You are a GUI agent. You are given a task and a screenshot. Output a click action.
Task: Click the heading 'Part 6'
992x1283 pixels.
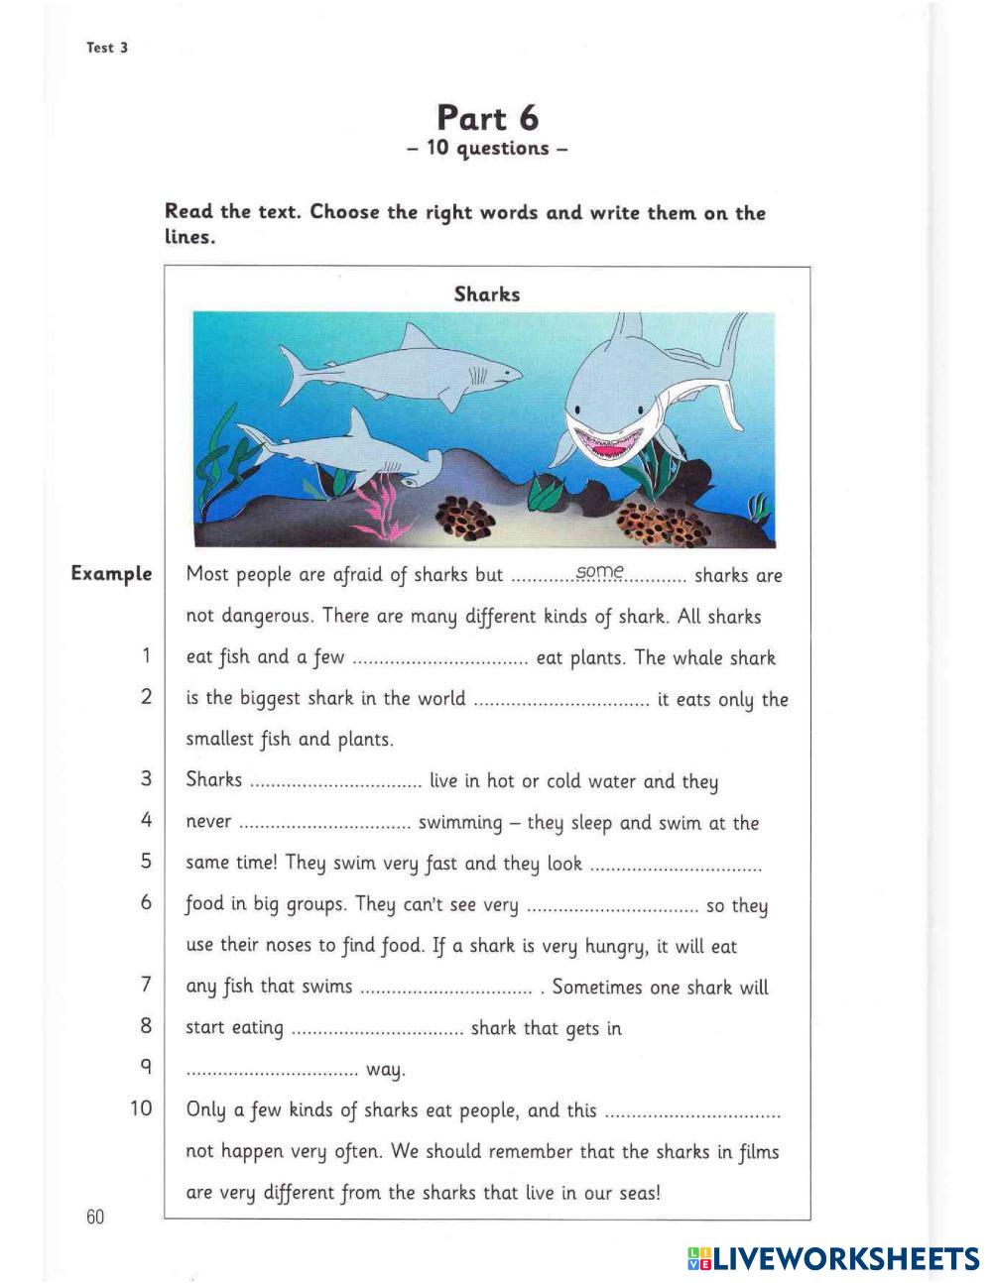click(487, 118)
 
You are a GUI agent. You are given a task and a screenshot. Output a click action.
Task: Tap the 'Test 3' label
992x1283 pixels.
click(107, 48)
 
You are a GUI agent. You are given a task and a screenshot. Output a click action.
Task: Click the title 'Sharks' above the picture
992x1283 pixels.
click(486, 294)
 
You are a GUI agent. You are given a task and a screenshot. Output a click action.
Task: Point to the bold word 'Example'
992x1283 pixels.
click(111, 574)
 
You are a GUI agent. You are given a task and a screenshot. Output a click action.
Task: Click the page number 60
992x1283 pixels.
click(95, 1217)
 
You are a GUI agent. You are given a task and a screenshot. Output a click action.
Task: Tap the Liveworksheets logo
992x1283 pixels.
click(831, 1258)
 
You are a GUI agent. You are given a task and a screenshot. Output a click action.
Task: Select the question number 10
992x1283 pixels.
click(141, 1108)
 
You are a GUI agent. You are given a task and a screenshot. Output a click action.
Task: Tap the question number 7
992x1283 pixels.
click(146, 985)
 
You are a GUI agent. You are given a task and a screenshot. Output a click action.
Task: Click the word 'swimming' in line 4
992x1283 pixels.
click(460, 823)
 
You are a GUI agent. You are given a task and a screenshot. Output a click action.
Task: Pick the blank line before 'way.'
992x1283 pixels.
click(272, 1072)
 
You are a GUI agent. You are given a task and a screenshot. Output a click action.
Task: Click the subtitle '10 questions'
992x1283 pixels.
click(487, 149)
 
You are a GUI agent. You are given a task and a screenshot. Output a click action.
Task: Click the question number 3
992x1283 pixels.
click(146, 779)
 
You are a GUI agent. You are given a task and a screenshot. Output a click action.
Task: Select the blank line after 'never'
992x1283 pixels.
click(324, 824)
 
